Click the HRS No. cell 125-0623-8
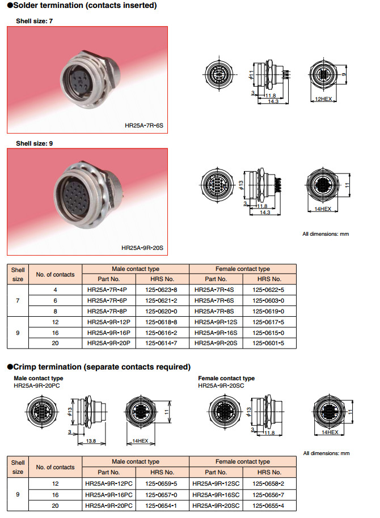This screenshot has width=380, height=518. click(x=161, y=290)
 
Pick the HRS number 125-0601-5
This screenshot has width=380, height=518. click(x=268, y=343)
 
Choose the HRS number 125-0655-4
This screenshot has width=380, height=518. click(x=268, y=505)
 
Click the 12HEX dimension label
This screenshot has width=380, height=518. click(x=322, y=99)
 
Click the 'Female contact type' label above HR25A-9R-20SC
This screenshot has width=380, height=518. click(x=226, y=378)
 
